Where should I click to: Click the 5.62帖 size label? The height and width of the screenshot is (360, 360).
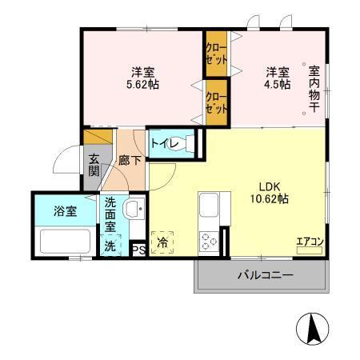coord(138,83)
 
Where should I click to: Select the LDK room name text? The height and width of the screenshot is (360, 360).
coord(266,186)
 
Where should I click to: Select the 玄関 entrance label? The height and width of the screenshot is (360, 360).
coord(94,165)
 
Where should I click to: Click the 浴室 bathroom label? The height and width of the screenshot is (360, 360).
coord(66,211)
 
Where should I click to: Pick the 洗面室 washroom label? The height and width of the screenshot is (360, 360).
coord(110,215)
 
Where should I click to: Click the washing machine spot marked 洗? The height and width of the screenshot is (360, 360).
coord(110,246)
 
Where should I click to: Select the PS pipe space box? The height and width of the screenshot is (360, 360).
coord(137,250)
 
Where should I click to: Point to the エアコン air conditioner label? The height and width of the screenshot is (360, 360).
coord(309,242)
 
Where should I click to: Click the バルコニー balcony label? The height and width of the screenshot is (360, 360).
coord(264,275)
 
